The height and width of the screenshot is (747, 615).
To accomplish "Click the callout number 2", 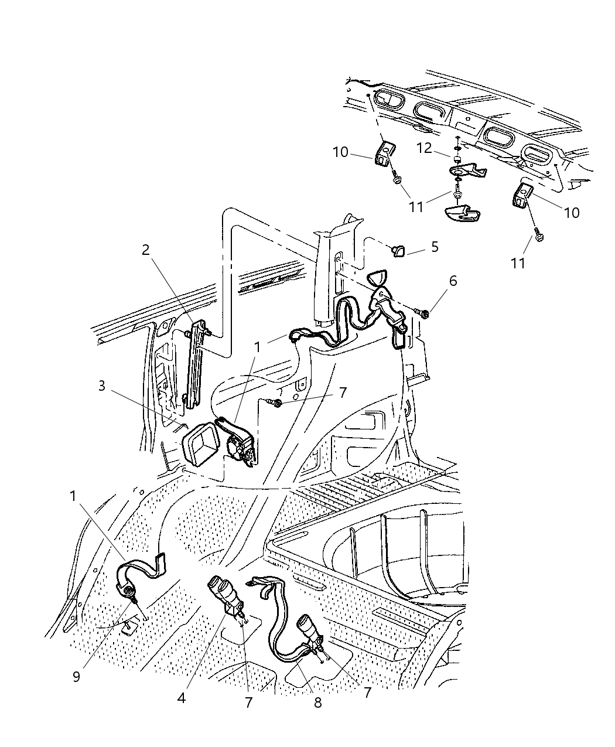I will (145, 250).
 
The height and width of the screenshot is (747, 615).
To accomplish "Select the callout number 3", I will (102, 387).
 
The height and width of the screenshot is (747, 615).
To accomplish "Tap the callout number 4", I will (182, 698).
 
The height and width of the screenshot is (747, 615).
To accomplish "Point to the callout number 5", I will (435, 247).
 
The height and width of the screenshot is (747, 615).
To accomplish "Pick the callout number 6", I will (452, 281).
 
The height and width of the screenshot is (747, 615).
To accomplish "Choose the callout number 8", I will (317, 702).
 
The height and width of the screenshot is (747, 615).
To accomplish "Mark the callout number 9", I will (76, 677).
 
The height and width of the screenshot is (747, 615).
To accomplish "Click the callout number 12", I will (424, 149).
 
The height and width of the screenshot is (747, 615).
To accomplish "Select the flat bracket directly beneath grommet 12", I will (466, 171).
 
